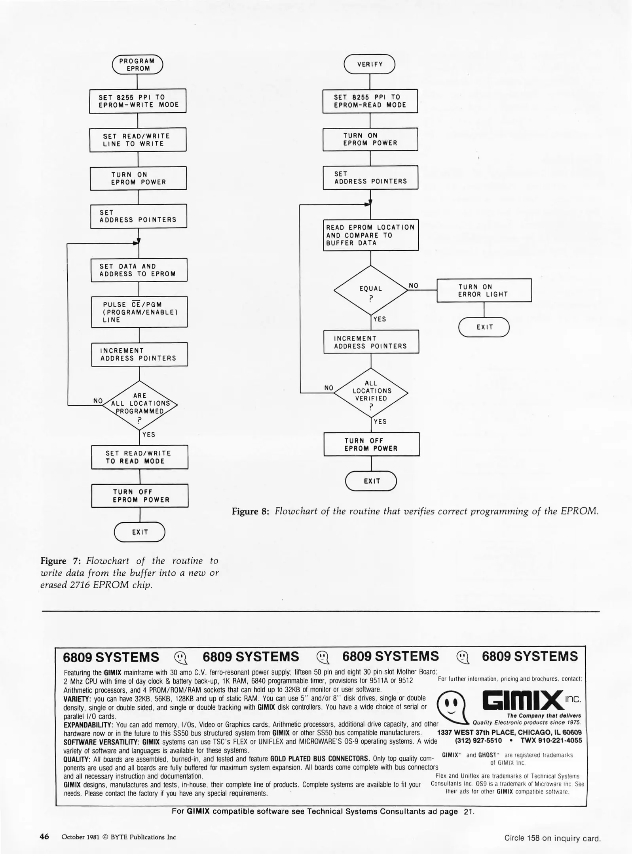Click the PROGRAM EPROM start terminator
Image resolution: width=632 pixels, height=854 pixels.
pos(137,65)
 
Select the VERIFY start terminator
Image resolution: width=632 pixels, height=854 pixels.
pos(370,64)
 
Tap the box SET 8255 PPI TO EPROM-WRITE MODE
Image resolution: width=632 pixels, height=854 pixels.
pos(138,101)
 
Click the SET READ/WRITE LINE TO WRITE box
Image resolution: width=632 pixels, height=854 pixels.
pos(138,140)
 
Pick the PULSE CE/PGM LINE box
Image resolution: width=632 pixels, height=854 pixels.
pos(139,312)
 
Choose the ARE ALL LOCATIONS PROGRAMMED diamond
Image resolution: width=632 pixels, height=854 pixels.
pos(140,405)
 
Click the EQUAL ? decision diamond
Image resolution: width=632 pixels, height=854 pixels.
pos(371,291)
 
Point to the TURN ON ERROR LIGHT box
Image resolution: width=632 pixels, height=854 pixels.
pos(484,291)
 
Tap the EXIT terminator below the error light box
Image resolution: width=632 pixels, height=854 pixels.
pos(484,327)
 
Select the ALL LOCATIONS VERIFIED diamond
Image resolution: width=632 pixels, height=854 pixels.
pos(371,393)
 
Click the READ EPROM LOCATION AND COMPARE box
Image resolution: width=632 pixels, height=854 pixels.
pos(371,235)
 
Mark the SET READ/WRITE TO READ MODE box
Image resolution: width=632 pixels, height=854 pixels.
pos(140,457)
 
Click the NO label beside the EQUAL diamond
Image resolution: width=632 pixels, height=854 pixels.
pos(414,285)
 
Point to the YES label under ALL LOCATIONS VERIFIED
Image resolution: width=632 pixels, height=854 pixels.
pos(380,421)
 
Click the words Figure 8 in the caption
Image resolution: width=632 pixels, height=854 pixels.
pos(251,512)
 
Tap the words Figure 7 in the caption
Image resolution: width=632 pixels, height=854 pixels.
pos(59,561)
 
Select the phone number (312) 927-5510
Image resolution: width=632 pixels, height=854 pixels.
pos(478,741)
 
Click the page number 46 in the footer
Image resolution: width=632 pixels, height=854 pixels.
pos(44,837)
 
